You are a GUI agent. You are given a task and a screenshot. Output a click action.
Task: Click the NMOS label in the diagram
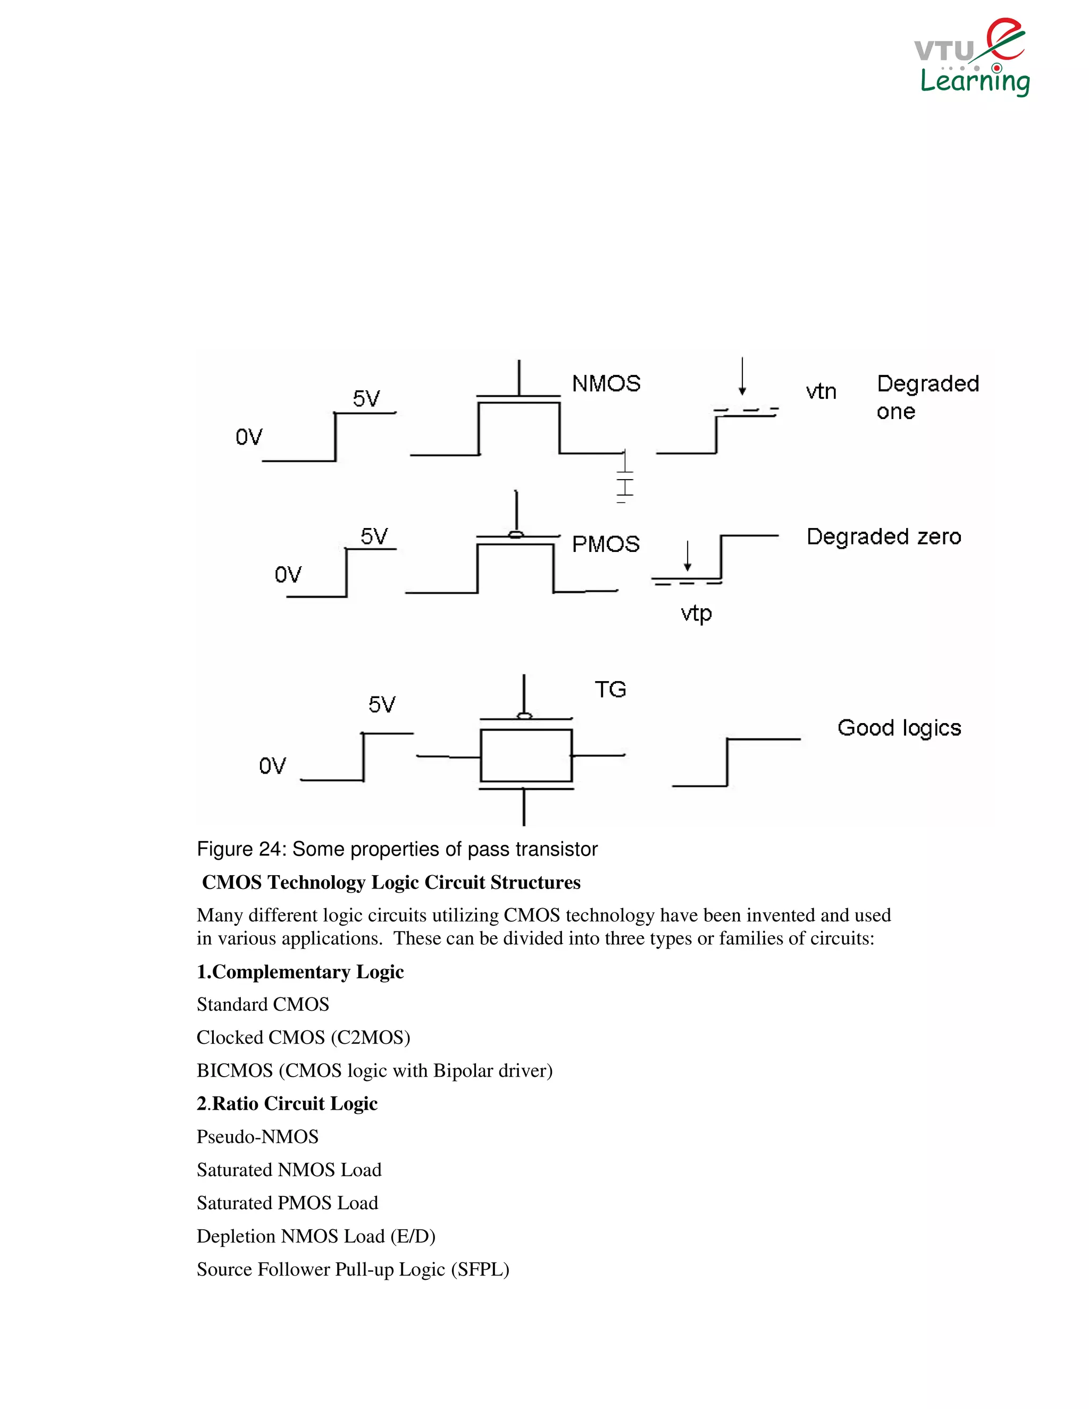click(x=606, y=384)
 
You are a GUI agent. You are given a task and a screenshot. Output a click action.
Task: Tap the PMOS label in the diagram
click(x=605, y=544)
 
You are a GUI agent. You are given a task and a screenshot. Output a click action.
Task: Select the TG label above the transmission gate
click(x=610, y=690)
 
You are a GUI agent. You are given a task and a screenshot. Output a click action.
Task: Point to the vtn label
click(x=820, y=392)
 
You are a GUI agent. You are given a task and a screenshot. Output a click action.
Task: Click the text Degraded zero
click(x=883, y=537)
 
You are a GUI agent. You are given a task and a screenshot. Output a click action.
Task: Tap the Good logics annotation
click(x=899, y=728)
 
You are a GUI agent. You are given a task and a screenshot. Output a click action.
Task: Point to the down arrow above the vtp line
click(x=688, y=556)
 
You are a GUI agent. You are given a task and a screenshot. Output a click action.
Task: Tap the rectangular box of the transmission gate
click(x=526, y=756)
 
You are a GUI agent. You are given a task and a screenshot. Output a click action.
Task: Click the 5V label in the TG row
click(x=381, y=704)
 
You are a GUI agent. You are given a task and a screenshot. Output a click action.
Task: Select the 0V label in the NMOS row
click(x=248, y=438)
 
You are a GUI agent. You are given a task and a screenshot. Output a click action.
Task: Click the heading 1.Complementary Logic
click(x=300, y=971)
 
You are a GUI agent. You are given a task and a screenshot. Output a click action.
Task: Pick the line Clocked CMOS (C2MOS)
click(x=303, y=1037)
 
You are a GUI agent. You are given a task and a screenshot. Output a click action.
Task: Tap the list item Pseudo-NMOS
click(x=257, y=1137)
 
